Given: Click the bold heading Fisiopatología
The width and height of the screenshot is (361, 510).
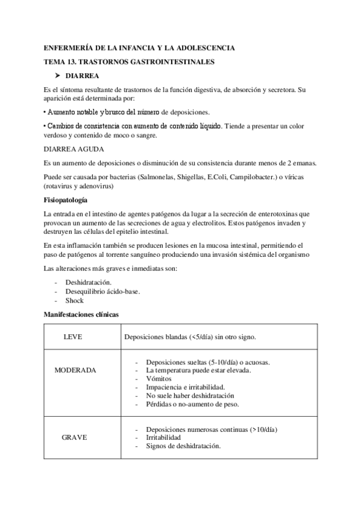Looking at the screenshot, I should (x=66, y=200).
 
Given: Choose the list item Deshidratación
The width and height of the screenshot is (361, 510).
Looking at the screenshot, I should (x=88, y=281).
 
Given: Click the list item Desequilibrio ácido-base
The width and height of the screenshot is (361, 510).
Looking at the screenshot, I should (x=102, y=291).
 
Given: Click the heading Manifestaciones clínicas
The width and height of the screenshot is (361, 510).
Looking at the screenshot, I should (x=81, y=314).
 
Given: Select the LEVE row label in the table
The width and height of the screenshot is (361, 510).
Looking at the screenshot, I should (x=73, y=337).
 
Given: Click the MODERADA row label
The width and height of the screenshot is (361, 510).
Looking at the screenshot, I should (x=75, y=370).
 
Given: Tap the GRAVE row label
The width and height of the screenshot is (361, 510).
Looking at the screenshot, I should (x=74, y=437).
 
